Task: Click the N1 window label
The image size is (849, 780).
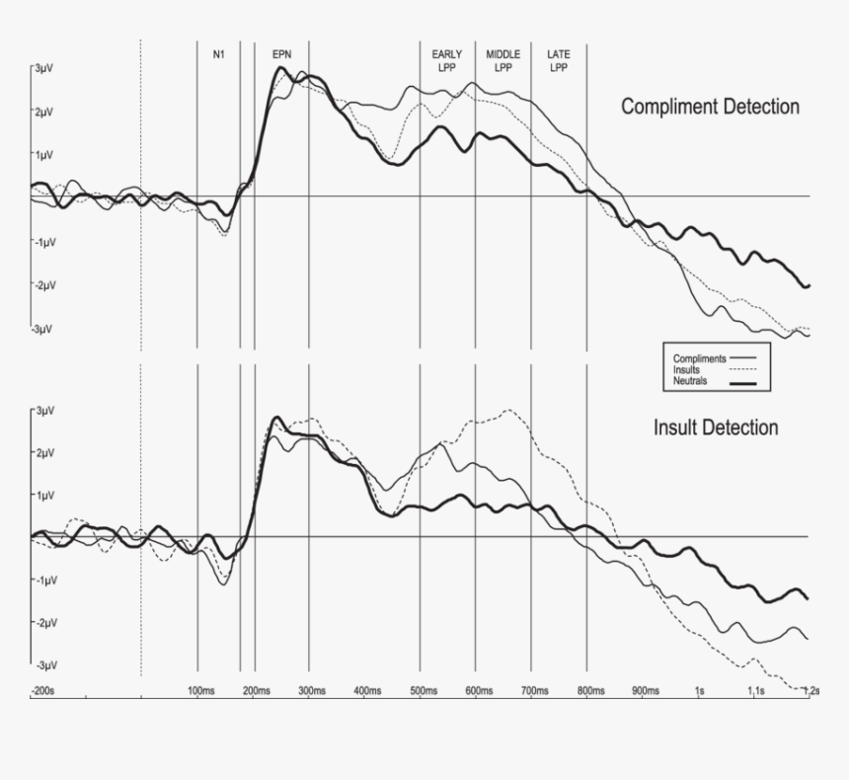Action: point(219,54)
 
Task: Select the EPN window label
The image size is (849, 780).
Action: point(282,54)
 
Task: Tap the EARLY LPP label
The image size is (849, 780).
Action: point(446,61)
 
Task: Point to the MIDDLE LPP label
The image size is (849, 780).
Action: point(502,61)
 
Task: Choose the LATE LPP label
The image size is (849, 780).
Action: point(559,61)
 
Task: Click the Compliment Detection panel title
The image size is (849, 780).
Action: point(710,107)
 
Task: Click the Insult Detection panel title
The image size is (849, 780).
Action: point(715,428)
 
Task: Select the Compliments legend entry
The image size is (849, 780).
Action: point(700,358)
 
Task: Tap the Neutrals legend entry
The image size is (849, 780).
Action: point(690,380)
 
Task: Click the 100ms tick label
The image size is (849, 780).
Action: point(200,690)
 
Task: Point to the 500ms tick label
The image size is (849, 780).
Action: point(423,690)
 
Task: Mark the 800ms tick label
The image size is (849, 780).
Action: point(590,690)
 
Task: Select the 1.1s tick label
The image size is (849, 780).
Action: point(756,690)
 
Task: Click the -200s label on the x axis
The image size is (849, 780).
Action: point(41,690)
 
